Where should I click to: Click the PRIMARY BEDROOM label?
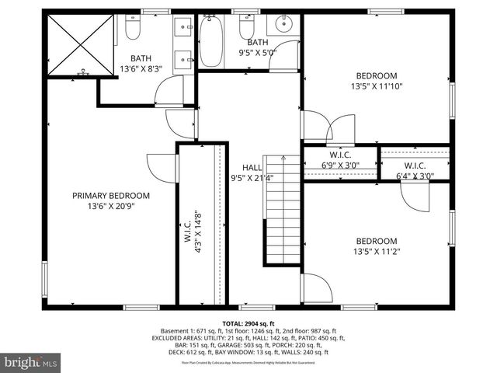click(111, 195)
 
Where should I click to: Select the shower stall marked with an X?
click(80, 44)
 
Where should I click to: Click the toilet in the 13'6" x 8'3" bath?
click(132, 30)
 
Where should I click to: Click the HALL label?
click(252, 167)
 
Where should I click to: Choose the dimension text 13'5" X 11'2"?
click(377, 251)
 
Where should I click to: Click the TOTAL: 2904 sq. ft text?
click(248, 323)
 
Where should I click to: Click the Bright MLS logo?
click(31, 362)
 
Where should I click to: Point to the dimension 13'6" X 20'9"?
click(111, 206)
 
